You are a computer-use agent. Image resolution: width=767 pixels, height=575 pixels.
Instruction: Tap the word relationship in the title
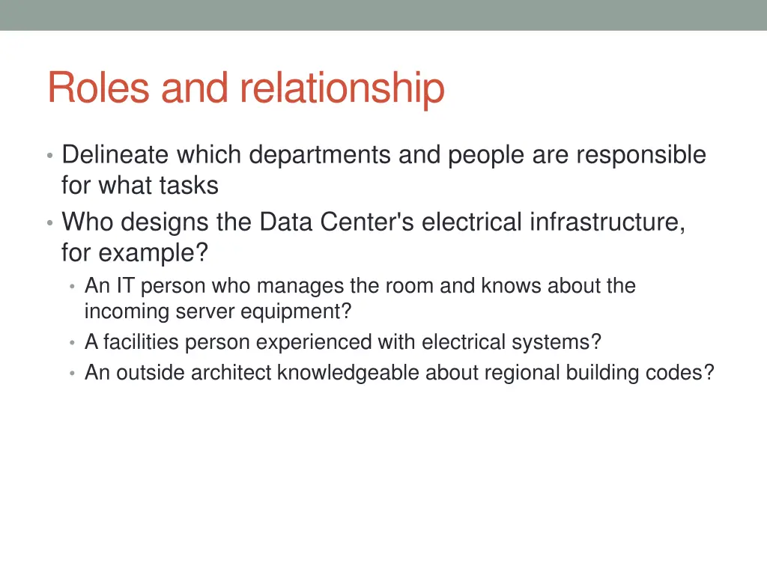pos(342,88)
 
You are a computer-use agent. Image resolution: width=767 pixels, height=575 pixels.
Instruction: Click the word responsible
pos(640,155)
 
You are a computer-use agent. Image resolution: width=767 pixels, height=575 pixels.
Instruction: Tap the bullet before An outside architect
pos(72,373)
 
